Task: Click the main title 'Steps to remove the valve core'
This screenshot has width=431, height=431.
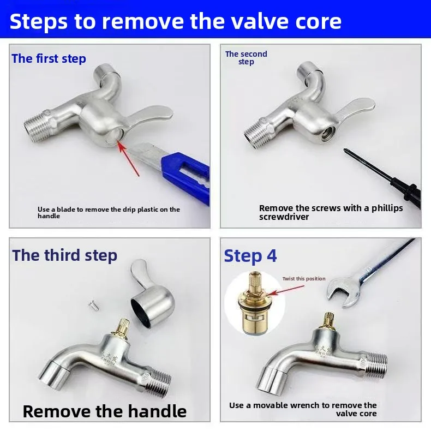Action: pyautogui.click(x=176, y=21)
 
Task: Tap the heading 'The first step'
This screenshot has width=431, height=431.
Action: pyautogui.click(x=49, y=59)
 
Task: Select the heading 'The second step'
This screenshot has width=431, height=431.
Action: pyautogui.click(x=246, y=58)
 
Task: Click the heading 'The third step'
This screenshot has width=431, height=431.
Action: pyautogui.click(x=64, y=255)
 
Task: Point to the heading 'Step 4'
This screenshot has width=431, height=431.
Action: pyautogui.click(x=250, y=255)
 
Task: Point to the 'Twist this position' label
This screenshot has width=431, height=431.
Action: pyautogui.click(x=304, y=279)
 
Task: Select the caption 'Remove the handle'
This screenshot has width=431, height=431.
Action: pyautogui.click(x=105, y=410)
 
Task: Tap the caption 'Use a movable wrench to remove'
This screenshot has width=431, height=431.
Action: pyautogui.click(x=303, y=409)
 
